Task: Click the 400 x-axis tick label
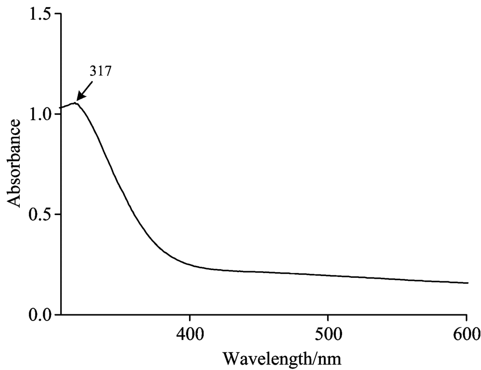[190, 332]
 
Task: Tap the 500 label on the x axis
[328, 332]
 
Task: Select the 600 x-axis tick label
[466, 332]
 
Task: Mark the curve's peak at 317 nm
[76, 103]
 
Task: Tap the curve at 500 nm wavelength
[328, 275]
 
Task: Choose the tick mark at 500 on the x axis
[328, 318]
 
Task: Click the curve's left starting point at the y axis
[61, 107]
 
